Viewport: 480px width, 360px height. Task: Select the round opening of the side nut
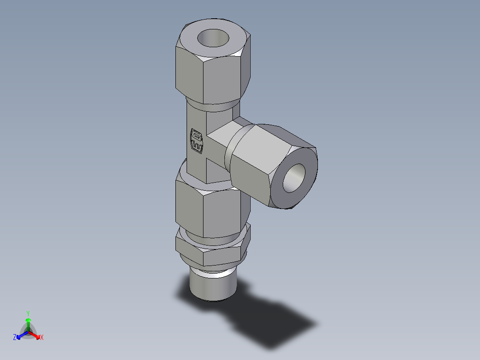294,178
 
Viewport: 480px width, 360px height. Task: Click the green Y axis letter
28,313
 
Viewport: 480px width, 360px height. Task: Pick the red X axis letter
42,338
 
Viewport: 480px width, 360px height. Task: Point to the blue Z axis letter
15,338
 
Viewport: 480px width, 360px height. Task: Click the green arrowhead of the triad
28,320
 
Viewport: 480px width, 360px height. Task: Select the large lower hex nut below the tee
209,209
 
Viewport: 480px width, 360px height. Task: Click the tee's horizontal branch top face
225,129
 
